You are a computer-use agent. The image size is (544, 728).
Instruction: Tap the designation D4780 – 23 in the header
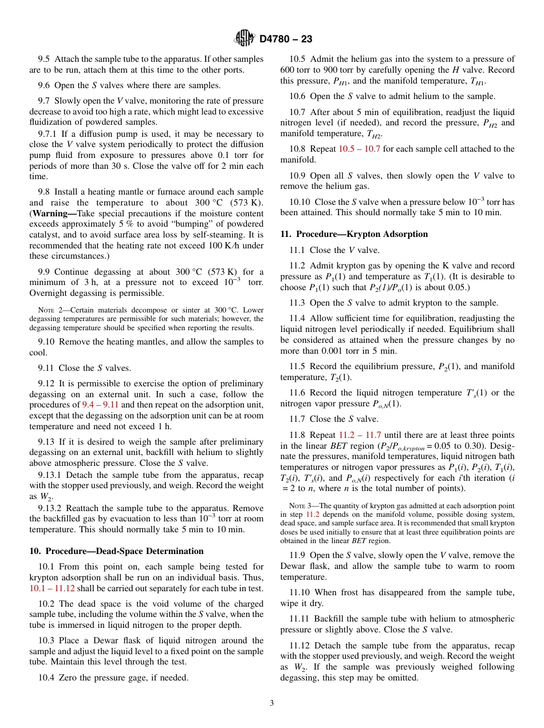286,39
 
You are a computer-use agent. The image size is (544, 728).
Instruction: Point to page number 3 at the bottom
272,703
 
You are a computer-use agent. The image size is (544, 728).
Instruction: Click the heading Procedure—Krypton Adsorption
354,234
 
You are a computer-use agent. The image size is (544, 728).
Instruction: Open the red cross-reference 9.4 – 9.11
101,405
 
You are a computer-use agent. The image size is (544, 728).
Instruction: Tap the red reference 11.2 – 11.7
360,435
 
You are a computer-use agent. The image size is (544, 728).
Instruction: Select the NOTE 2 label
49,311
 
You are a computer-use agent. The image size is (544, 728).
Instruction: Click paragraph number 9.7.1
49,133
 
